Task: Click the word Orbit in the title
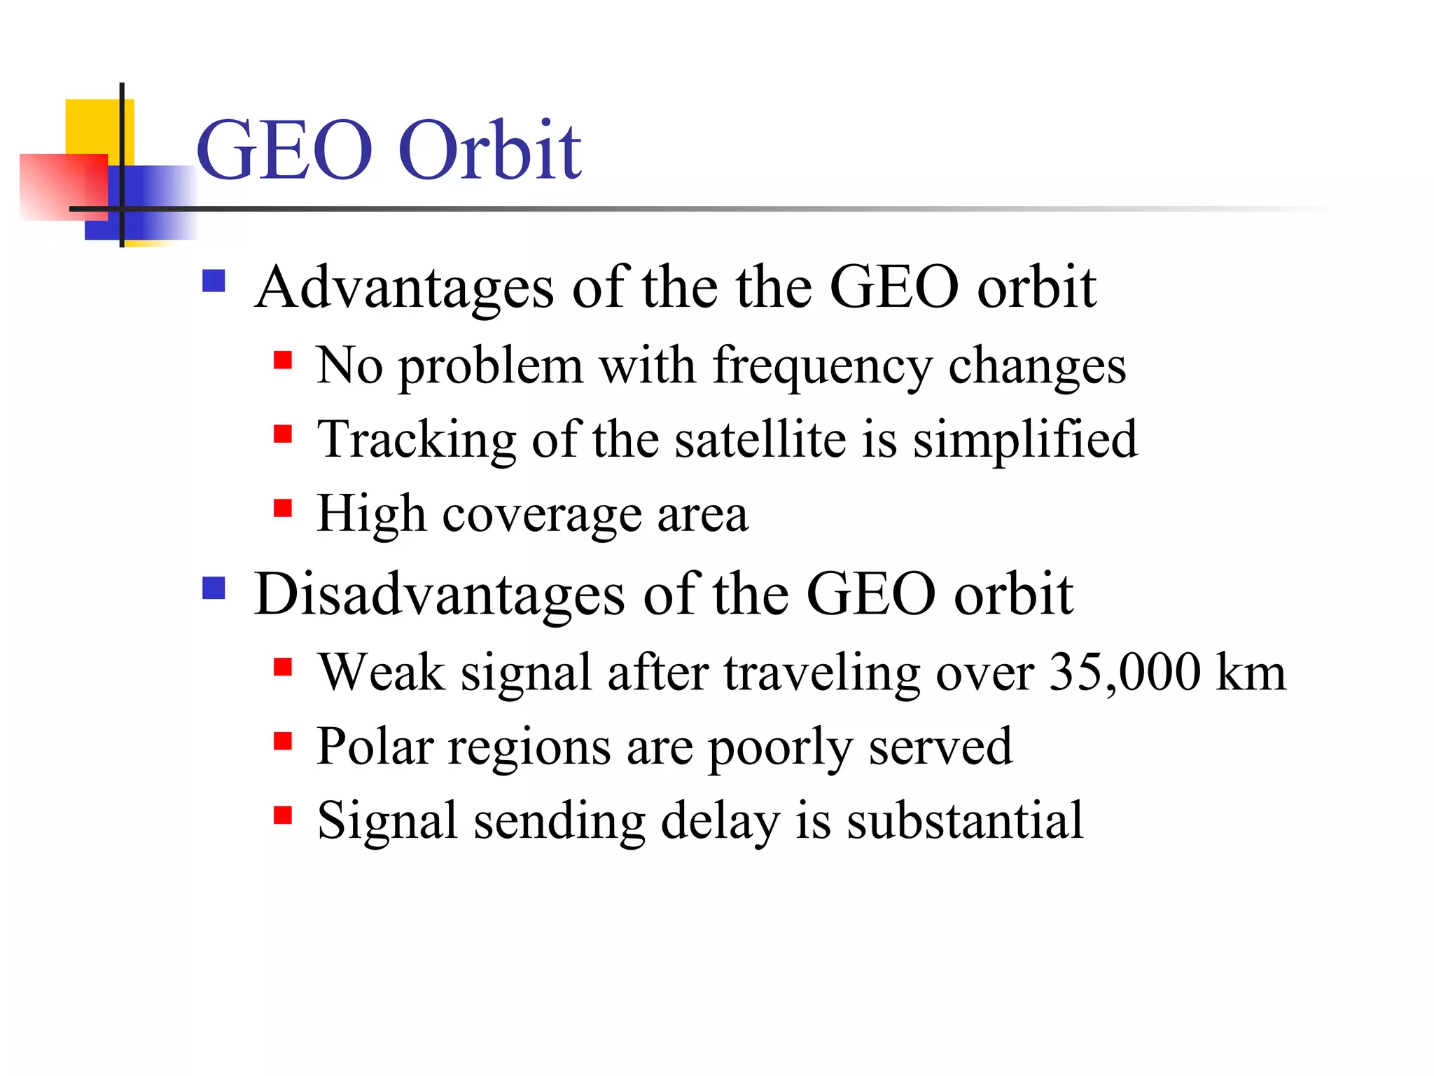coord(489,150)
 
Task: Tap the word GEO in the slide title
coord(284,150)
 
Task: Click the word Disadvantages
coord(440,595)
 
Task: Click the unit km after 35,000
coord(1251,672)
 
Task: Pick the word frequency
coord(822,366)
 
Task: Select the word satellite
coord(760,440)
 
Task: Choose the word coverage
coord(542,515)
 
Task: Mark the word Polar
coord(375,747)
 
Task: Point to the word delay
coord(720,822)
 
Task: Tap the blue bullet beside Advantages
coord(214,281)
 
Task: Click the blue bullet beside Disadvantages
coord(214,588)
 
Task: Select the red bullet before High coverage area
coord(283,507)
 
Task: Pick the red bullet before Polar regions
coord(283,740)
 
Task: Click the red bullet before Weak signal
coord(283,666)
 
